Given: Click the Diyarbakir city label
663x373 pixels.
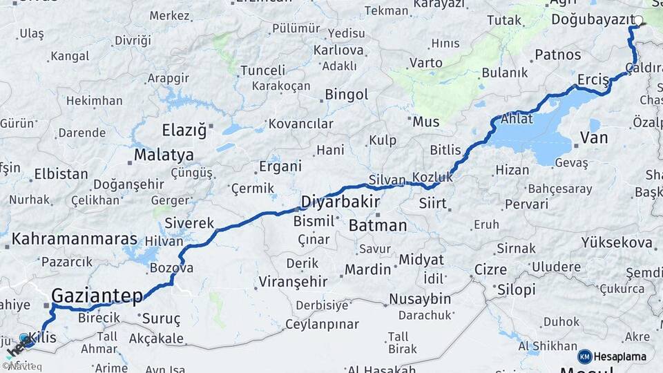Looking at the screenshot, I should [340, 202].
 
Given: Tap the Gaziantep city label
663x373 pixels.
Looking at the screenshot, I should [97, 296].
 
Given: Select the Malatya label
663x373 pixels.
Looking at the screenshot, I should [164, 155].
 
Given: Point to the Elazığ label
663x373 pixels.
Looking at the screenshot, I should [184, 130].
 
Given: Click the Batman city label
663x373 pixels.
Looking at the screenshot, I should [378, 225].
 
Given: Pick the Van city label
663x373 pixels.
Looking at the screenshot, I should [594, 137].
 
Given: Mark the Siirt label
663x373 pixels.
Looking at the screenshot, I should [432, 204].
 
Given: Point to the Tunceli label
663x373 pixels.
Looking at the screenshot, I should [262, 70].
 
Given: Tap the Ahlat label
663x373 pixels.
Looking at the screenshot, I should [517, 118].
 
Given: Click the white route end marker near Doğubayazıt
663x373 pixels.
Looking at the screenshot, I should [639, 21].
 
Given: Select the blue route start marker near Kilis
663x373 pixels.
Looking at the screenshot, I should [25, 338].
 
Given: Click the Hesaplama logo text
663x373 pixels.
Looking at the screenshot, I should [621, 356].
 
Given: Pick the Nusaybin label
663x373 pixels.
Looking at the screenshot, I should [420, 299].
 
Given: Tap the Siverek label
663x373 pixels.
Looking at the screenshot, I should [189, 223].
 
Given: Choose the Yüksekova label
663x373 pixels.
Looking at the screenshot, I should [617, 242].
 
